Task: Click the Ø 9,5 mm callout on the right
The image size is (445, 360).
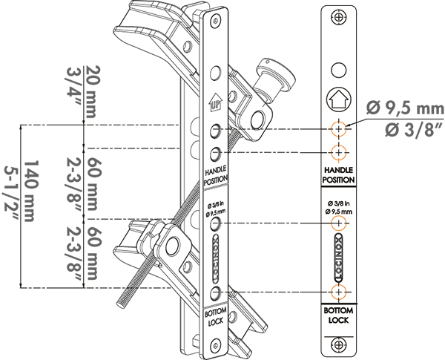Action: [405, 108]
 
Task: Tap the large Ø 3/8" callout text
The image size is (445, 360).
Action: [414, 130]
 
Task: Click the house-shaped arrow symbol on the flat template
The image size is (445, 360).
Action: [339, 99]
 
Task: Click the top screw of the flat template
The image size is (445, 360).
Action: [338, 17]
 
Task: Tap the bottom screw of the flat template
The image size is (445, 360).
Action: [338, 344]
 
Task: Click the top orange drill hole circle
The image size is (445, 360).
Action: [339, 129]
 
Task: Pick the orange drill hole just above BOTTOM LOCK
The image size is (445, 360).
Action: [339, 292]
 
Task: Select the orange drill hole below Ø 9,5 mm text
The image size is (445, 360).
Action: [339, 223]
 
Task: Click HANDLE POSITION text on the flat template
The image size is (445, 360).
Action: [338, 175]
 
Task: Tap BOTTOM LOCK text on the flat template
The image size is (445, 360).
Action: [338, 315]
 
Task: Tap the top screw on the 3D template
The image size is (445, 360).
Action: [217, 22]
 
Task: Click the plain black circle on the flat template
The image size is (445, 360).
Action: [339, 70]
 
